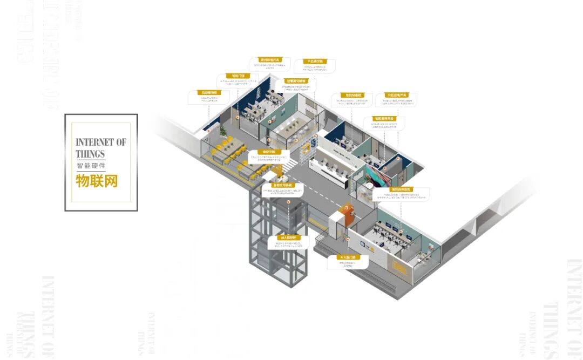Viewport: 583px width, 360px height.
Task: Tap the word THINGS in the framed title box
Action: [90, 154]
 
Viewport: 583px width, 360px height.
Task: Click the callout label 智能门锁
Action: [238, 77]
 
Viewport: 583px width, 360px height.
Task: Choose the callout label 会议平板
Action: [265, 152]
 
